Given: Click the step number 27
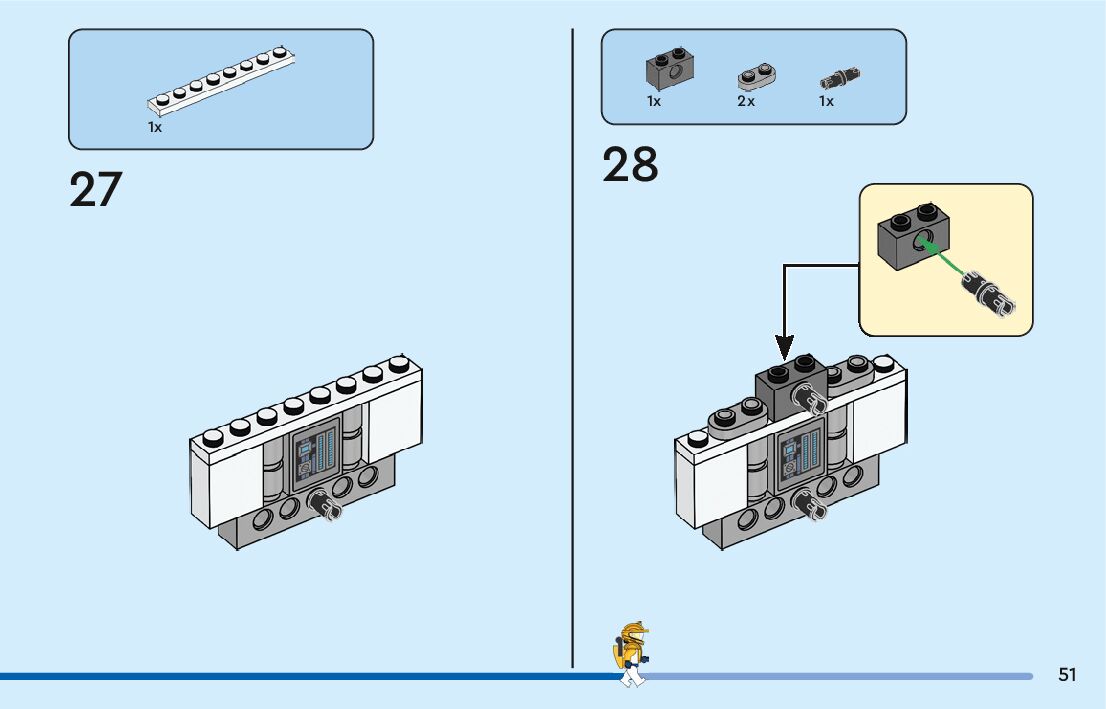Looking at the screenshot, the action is coord(96,189).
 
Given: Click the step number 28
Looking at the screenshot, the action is coord(630,164).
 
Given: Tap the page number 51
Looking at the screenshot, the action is coord(1067,675).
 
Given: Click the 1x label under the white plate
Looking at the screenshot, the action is coord(154,127).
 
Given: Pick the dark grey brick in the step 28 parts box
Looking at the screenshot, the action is coord(669,69).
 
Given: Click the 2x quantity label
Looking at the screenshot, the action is coord(746,102).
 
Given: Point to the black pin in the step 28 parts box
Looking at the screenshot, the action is coord(840,78).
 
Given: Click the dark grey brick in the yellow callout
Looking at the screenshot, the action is coord(913,237).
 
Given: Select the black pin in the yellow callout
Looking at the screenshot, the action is coord(989,293).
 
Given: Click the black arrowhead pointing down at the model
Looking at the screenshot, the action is coord(784,347).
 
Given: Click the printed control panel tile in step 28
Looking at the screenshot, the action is coord(801,455).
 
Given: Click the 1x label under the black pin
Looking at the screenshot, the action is coord(826,102).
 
